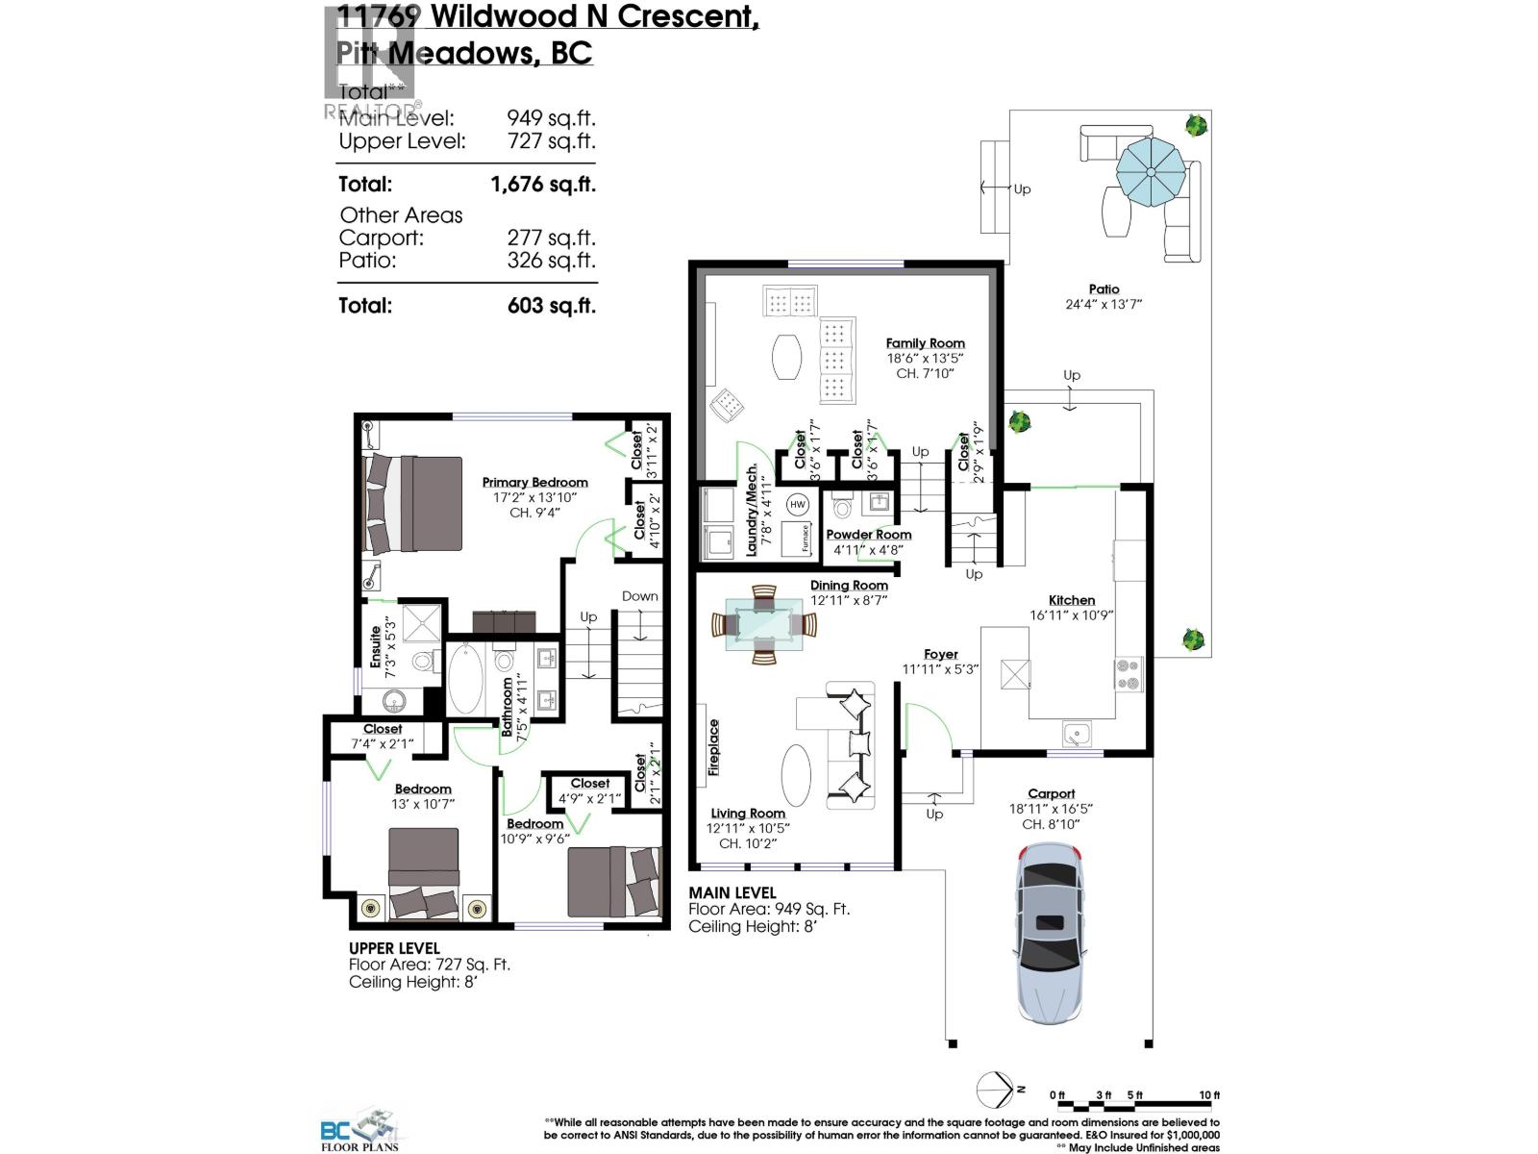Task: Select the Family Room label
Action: coord(925,343)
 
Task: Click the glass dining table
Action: coord(764,625)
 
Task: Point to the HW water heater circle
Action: coord(798,504)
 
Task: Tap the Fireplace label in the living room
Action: coord(713,747)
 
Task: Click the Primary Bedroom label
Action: coord(534,483)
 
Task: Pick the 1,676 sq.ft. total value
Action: coord(543,184)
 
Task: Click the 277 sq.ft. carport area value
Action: coord(551,238)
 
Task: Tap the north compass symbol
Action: coord(997,1090)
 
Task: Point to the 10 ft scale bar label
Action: coord(1208,1095)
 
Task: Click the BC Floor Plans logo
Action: coord(360,1131)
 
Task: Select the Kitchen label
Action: coord(1072,600)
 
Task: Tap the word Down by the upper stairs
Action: coord(639,596)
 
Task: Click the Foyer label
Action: coord(941,655)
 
